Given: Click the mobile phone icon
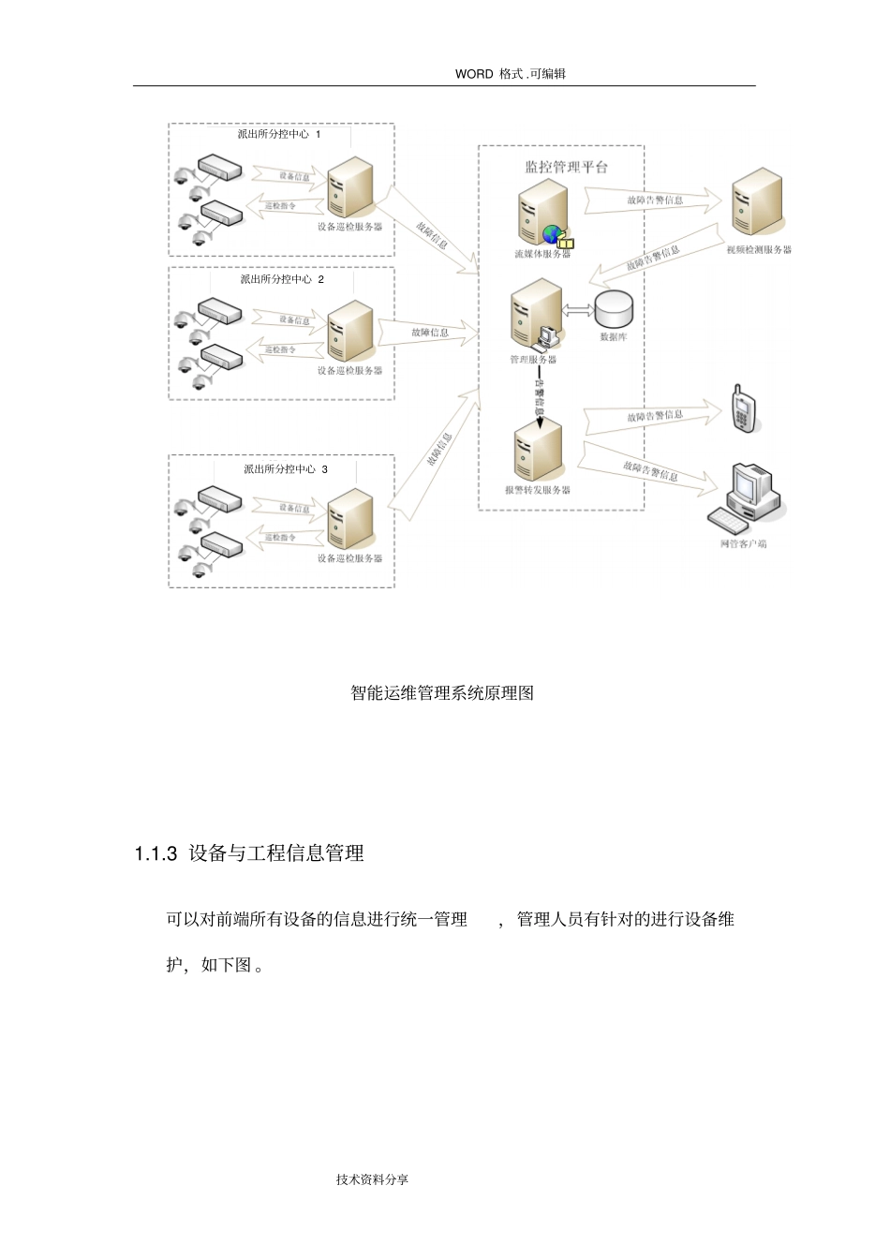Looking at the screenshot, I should pos(743,409).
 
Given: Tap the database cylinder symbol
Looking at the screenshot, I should pos(615,309).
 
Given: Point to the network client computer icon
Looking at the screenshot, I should pos(747,497).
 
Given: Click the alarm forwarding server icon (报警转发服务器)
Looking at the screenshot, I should pos(538,452).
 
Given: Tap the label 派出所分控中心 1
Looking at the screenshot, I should pos(279,135).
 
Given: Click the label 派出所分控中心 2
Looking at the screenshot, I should pos(281,279).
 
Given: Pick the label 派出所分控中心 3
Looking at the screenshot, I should pos(285,469).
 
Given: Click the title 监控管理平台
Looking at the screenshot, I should pos(566,167).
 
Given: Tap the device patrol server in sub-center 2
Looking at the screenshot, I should pos(350,332).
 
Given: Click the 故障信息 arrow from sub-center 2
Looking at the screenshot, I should pos(429,333).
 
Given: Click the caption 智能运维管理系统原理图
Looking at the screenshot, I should pos(442,693).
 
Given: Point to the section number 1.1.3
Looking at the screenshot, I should pos(156,853).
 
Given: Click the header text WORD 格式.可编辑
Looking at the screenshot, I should pos(511,74).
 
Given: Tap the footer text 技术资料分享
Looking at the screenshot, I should pos(372,1179).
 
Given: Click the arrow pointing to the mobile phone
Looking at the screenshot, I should pos(654,418).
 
